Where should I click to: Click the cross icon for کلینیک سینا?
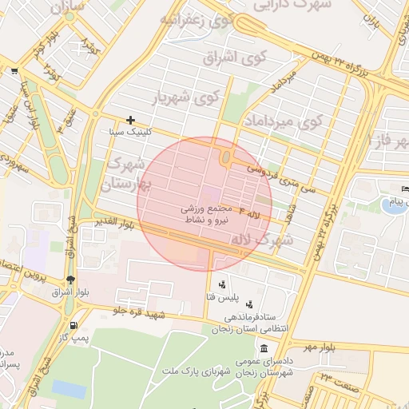[130, 120]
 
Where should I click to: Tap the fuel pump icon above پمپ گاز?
[74, 325]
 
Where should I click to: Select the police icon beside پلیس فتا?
[221, 284]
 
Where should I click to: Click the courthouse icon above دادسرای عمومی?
[264, 348]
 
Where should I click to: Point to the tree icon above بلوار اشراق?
[72, 280]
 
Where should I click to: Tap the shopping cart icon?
[14, 71]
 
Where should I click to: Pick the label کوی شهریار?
[185, 99]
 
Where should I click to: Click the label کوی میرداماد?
[284, 122]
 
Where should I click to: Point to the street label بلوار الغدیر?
[118, 220]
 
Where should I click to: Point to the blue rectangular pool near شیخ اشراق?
[69, 388]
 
